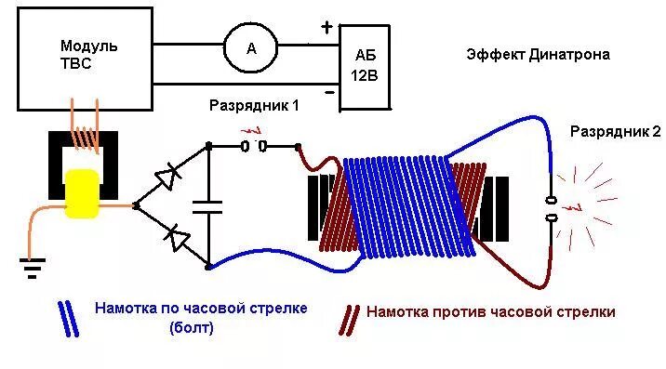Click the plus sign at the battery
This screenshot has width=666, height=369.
tap(326, 27)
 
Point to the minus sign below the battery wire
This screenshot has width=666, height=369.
tap(329, 93)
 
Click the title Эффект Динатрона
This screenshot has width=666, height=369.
tap(538, 54)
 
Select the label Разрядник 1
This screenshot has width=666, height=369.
tap(254, 106)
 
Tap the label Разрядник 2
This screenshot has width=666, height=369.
tap(615, 132)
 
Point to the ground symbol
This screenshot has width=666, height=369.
tap(33, 270)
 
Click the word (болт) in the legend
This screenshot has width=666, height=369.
tap(193, 327)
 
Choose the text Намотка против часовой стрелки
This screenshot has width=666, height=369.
tap(490, 312)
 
